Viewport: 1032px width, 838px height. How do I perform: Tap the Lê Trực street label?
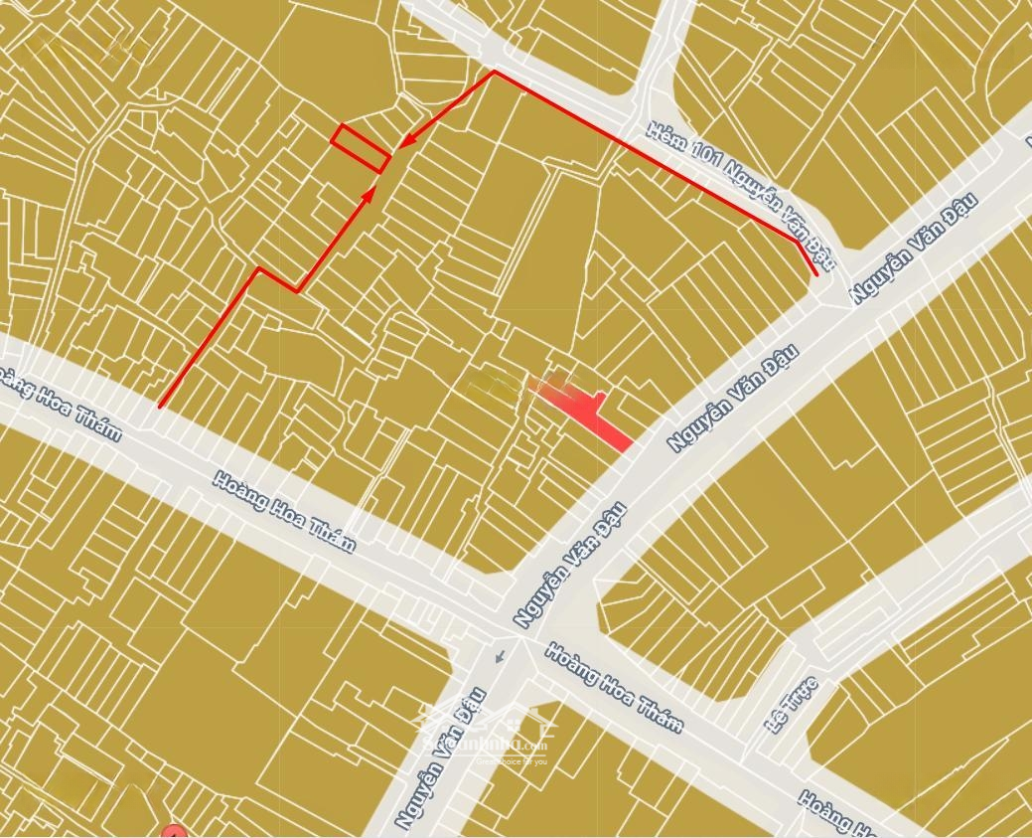coord(792,704)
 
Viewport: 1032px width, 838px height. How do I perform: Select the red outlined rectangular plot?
coord(359,148)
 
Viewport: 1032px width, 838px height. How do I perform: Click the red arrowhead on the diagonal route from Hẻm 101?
coord(404,144)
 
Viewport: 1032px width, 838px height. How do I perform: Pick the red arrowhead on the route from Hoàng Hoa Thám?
coord(369,193)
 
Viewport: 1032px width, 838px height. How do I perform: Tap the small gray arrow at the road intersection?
coord(500,655)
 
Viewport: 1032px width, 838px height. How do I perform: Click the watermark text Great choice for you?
coord(512,761)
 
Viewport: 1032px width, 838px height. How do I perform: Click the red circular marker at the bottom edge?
coord(174,832)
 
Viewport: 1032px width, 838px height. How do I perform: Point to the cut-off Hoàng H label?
coord(836,813)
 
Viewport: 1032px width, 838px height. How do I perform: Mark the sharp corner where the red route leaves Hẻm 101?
coord(494,73)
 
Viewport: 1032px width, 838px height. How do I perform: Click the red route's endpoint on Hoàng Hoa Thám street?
coord(159,407)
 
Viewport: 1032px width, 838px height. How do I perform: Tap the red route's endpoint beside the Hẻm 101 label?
coord(815,273)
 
